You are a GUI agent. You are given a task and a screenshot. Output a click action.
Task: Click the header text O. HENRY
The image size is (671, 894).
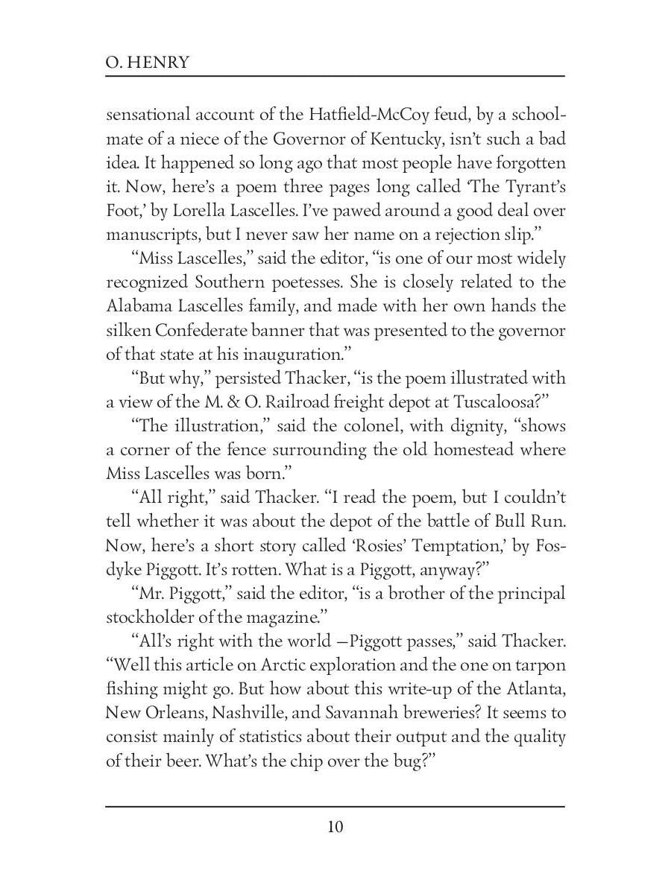(148, 62)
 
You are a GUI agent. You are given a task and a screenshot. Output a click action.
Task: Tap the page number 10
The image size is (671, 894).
(335, 827)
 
